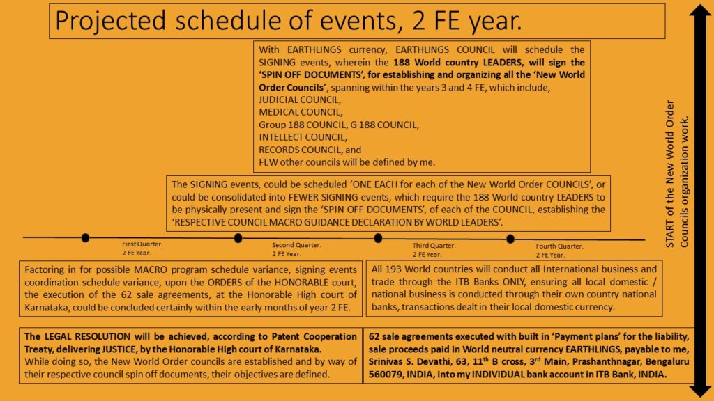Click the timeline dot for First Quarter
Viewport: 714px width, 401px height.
pyautogui.click(x=85, y=237)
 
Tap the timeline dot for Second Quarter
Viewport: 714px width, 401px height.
pyautogui.click(x=238, y=238)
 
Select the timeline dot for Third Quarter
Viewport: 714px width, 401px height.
pyautogui.click(x=378, y=238)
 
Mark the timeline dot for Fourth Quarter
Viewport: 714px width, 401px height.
pyautogui.click(x=510, y=239)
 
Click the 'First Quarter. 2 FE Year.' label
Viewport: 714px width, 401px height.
pyautogui.click(x=142, y=249)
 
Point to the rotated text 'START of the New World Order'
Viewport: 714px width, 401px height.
pyautogui.click(x=671, y=174)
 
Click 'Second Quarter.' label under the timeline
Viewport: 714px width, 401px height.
pyautogui.click(x=296, y=245)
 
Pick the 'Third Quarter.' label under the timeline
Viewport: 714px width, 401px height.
pyautogui.click(x=434, y=245)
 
